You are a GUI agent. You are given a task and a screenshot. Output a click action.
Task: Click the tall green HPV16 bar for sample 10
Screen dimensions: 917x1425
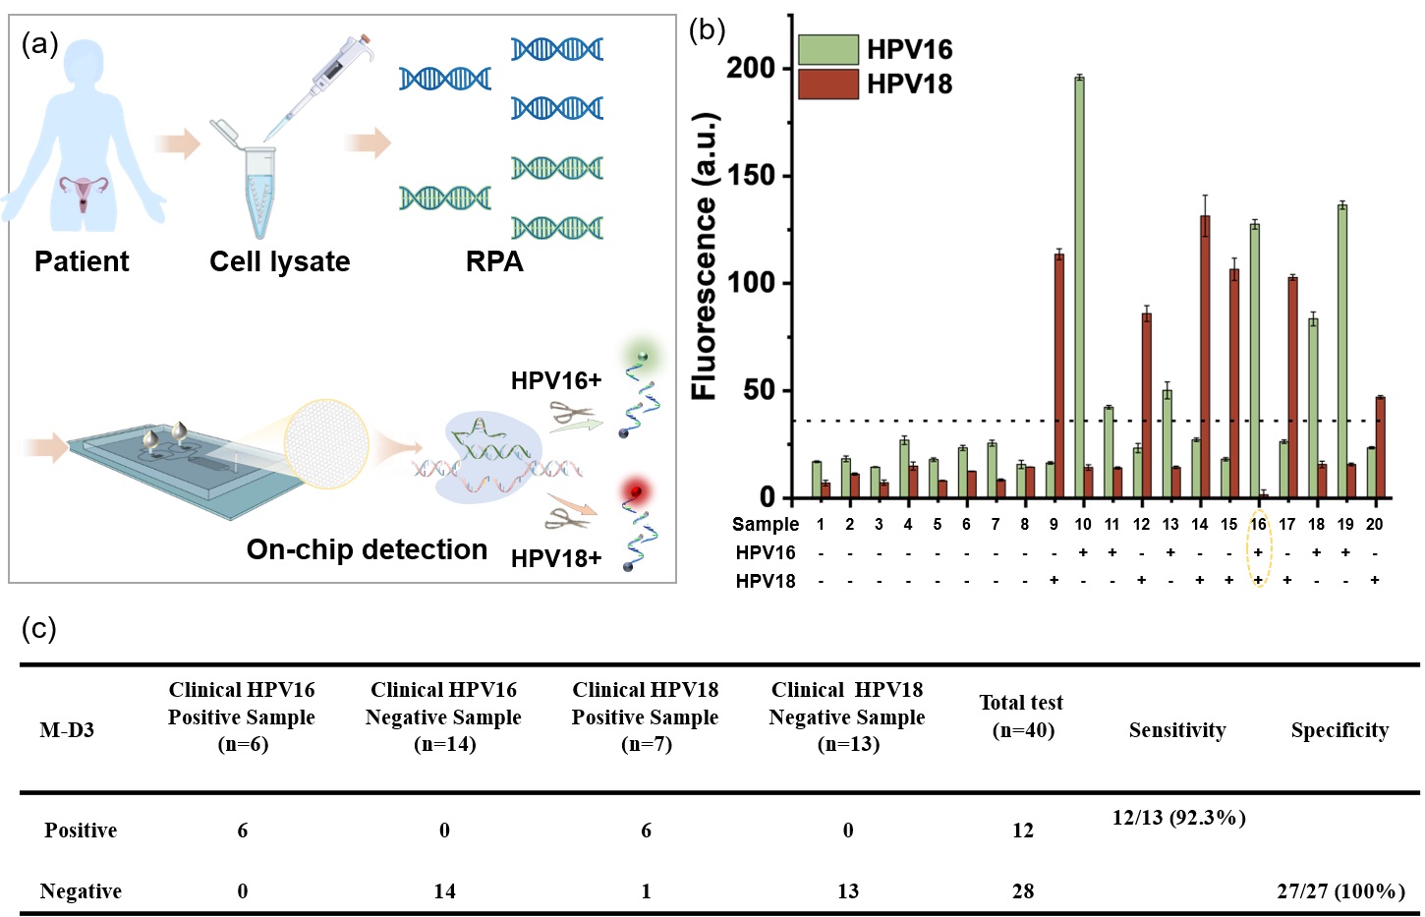tap(1079, 285)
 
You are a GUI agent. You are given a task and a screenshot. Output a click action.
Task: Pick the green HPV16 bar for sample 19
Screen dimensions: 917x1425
tap(1341, 350)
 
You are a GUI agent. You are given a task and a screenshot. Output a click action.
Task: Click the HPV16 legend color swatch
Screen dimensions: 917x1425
tap(827, 49)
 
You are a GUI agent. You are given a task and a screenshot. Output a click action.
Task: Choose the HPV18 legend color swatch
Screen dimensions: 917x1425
tap(827, 84)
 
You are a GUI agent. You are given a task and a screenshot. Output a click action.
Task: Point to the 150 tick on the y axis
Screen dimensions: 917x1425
tap(750, 175)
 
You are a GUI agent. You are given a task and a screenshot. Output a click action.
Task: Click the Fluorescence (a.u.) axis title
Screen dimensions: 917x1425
tap(704, 256)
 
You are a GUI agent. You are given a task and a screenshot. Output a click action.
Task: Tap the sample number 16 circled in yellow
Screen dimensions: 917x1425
tap(1258, 524)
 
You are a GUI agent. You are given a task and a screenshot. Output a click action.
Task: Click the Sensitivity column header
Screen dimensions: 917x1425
tap(1176, 729)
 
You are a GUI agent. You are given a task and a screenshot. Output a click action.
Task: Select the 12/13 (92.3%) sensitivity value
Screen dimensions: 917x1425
tap(1178, 817)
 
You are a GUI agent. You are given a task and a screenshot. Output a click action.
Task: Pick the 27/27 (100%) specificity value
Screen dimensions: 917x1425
tap(1340, 890)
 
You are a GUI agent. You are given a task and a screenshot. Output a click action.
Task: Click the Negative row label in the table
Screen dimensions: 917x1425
tap(81, 890)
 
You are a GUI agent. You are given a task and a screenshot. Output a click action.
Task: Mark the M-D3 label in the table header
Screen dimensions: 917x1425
tap(67, 729)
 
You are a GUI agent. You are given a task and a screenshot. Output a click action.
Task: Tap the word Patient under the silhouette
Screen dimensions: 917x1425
tap(82, 261)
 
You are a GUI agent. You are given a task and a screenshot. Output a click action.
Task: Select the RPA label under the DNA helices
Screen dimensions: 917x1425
tap(494, 261)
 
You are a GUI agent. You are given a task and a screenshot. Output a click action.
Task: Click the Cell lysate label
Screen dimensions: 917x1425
tap(279, 261)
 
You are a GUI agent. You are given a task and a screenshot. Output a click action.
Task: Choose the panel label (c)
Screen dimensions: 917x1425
tap(39, 628)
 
